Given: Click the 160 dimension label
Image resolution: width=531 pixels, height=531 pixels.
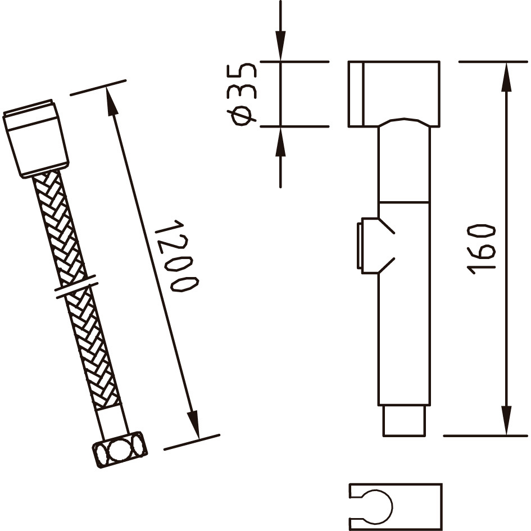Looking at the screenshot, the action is click(x=481, y=249).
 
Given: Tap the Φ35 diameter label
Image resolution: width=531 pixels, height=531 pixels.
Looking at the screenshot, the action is click(x=243, y=94).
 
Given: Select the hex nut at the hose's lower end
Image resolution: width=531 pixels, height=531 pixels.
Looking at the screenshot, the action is click(x=120, y=450).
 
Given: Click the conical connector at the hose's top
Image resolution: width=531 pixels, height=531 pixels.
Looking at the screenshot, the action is click(x=35, y=139).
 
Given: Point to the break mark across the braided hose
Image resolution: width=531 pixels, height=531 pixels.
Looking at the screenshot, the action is click(x=76, y=287).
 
